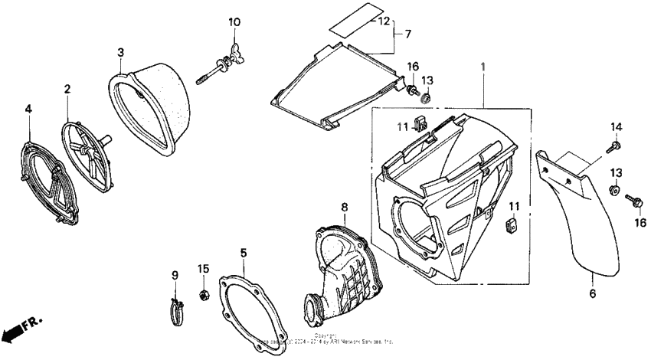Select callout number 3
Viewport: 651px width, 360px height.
click(x=121, y=52)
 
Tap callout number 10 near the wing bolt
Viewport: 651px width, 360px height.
click(x=234, y=21)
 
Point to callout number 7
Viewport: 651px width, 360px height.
click(x=407, y=34)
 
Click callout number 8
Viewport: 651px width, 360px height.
click(x=344, y=207)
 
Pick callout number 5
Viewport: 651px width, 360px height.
click(x=242, y=251)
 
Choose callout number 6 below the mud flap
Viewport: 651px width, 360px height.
click(x=592, y=293)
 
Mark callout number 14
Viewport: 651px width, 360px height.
click(x=616, y=126)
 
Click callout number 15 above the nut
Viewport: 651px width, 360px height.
click(x=203, y=268)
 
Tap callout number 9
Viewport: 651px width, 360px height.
click(x=174, y=274)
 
